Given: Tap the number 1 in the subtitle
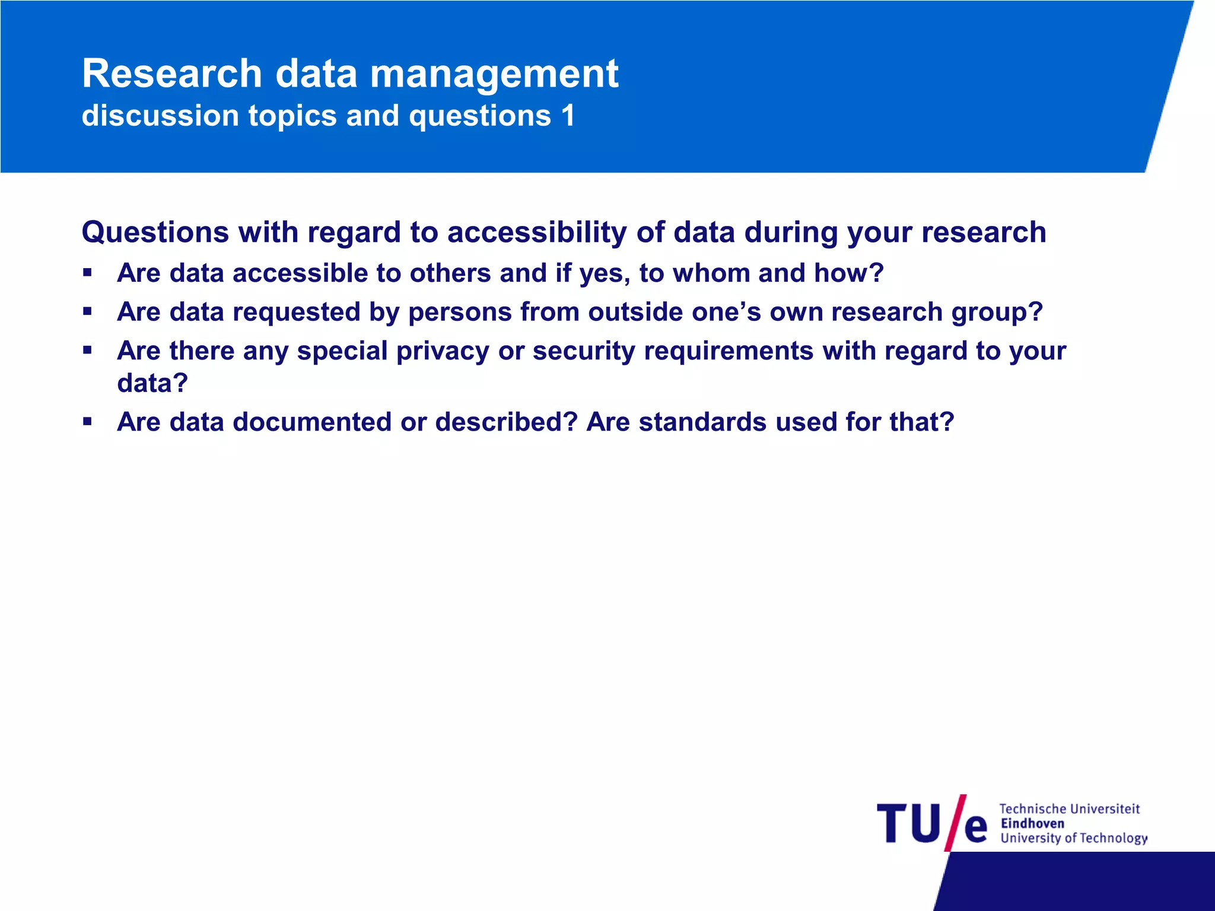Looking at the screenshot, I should (x=568, y=115).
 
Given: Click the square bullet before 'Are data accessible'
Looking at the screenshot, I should (x=88, y=273).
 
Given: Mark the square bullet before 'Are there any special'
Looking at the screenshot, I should (x=88, y=351).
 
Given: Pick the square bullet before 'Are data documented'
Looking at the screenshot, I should (x=88, y=422).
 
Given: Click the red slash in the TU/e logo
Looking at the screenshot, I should (x=955, y=823).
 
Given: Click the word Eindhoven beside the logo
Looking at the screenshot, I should (x=1032, y=823).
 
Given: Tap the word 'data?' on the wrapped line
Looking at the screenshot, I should (x=152, y=383).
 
